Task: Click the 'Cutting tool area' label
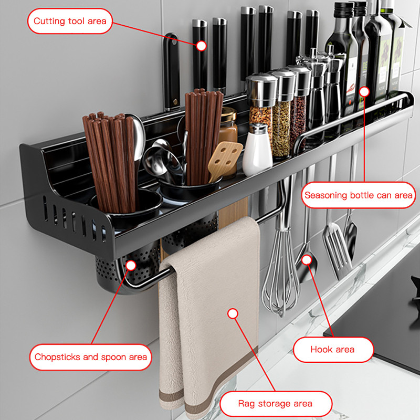(x=70, y=21)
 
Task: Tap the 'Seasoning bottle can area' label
(x=359, y=195)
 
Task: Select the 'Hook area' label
(x=333, y=350)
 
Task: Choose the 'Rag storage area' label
(x=276, y=404)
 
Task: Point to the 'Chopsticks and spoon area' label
(x=90, y=357)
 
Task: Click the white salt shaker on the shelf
(x=257, y=150)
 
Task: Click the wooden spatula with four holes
(x=224, y=161)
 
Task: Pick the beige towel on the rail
(x=209, y=316)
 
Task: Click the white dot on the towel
(x=233, y=313)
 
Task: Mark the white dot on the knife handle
(x=201, y=46)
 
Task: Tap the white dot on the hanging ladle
(x=307, y=259)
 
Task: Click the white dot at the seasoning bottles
(x=364, y=92)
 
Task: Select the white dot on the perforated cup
(x=131, y=266)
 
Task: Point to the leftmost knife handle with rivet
(x=172, y=72)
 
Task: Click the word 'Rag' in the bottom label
(x=246, y=404)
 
